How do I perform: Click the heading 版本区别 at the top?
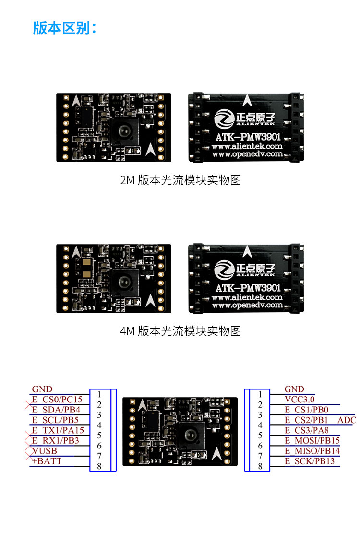[64, 28]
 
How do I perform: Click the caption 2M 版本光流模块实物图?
[180, 180]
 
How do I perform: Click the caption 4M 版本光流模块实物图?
[180, 331]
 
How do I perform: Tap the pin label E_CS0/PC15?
[57, 399]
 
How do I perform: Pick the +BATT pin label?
[47, 461]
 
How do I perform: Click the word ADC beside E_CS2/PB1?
[347, 420]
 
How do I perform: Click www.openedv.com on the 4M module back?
[248, 305]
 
